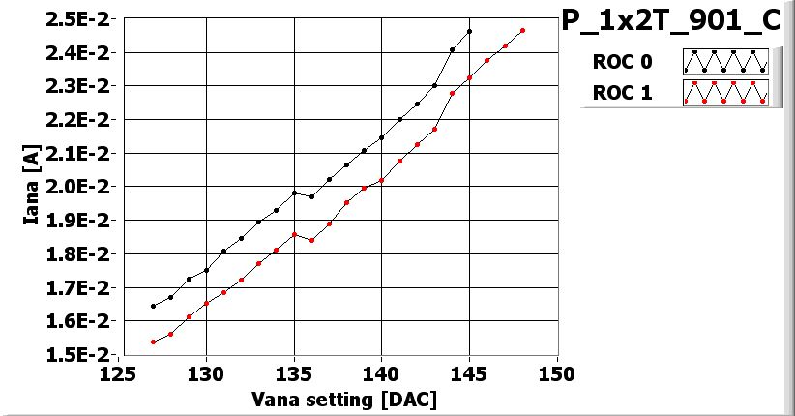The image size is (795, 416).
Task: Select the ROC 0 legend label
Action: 621,62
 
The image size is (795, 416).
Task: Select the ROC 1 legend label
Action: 621,94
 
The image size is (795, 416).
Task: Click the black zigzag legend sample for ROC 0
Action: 725,62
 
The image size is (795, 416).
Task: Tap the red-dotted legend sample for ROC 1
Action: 725,93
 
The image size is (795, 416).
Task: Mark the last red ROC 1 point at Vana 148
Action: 522,31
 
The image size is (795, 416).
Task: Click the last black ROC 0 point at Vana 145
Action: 469,31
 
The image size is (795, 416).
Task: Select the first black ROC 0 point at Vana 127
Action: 153,306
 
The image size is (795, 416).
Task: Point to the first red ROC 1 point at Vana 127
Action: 153,342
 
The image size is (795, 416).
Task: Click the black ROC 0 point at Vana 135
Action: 294,193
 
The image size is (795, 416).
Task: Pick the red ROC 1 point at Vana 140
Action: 382,180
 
